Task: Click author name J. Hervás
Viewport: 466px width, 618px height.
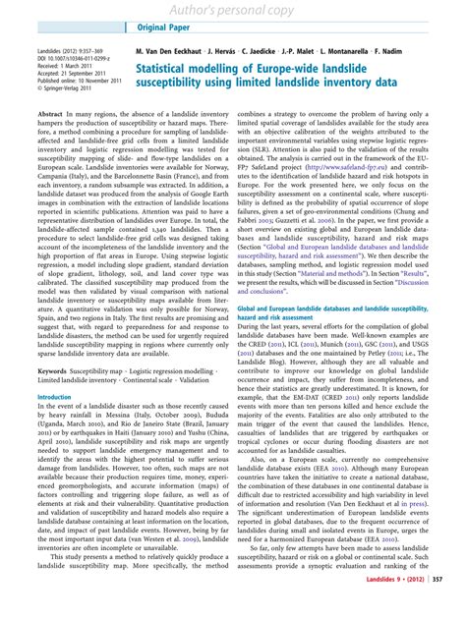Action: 218,47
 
